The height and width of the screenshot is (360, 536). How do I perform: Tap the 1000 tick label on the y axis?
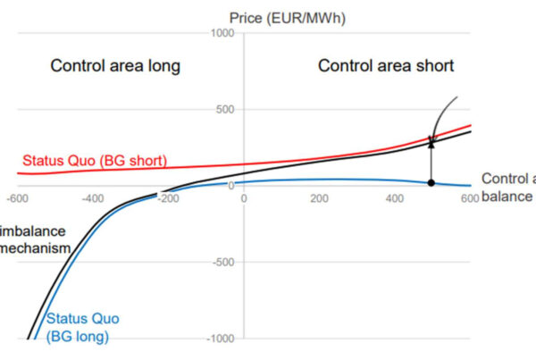click(221, 34)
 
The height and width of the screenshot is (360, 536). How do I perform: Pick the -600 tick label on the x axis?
click(17, 197)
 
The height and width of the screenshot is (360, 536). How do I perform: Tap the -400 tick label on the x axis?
click(92, 197)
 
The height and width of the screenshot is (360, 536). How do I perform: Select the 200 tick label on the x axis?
click(319, 197)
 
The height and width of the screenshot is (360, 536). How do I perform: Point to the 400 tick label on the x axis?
click(395, 197)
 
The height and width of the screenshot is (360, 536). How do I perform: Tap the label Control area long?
click(115, 65)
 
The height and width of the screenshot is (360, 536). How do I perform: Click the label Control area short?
click(386, 65)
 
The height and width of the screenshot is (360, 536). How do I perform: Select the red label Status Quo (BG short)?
click(93, 161)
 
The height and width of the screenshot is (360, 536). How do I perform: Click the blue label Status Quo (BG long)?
click(82, 327)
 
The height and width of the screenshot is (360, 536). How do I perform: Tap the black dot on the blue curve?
click(431, 182)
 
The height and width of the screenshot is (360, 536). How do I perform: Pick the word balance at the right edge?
click(507, 197)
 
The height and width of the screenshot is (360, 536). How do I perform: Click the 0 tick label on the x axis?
click(243, 197)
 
